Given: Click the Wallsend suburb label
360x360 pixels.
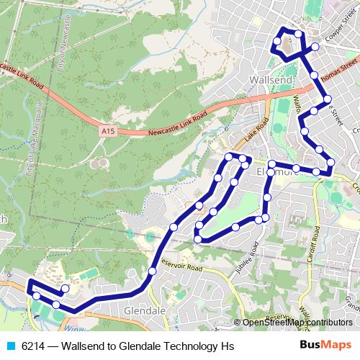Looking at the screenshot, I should click(267, 77).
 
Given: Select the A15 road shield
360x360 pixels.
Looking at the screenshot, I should click(108, 131).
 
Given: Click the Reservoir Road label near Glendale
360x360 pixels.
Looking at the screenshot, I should click(183, 265).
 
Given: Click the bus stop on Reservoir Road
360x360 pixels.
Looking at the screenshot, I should click(152, 271).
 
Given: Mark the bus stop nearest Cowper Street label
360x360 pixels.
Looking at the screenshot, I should click(315, 48).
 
